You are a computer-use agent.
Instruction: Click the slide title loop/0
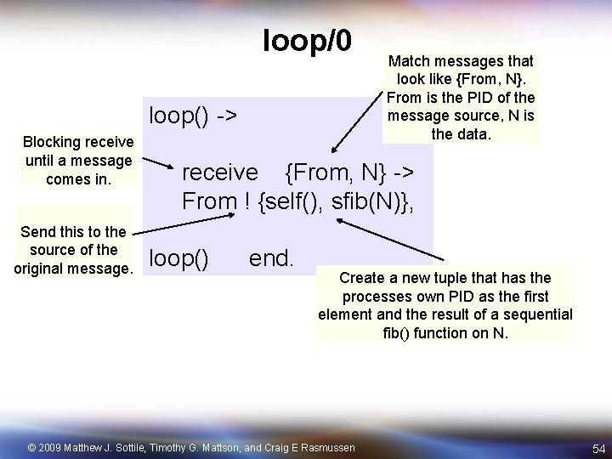click(x=307, y=39)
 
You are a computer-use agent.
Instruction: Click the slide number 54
click(x=598, y=448)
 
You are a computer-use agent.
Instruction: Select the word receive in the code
click(x=220, y=173)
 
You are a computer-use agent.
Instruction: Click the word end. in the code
click(x=271, y=257)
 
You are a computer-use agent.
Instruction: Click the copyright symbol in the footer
click(x=32, y=447)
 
